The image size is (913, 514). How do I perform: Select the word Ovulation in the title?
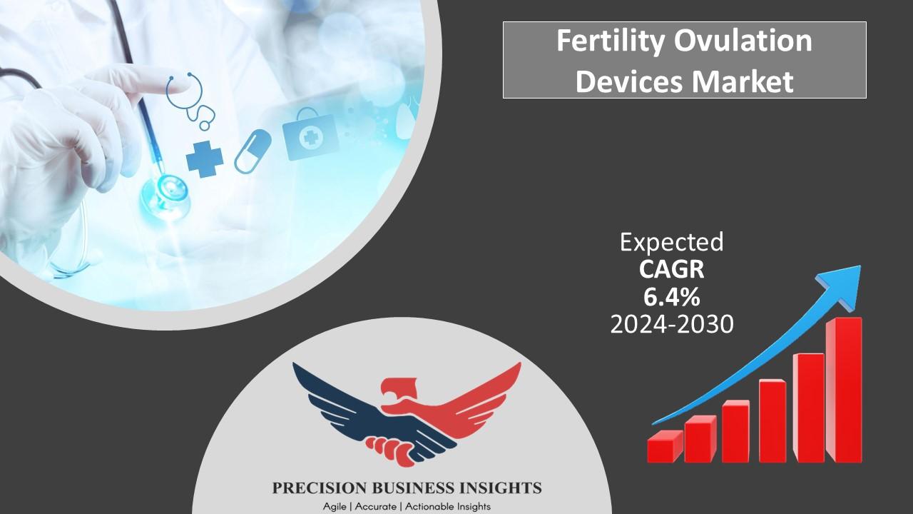[x=743, y=40]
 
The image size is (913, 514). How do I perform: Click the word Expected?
[x=672, y=243]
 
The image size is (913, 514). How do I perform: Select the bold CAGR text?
[x=671, y=270]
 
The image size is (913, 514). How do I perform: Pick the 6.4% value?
[x=672, y=297]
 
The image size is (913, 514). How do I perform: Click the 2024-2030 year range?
[x=672, y=325]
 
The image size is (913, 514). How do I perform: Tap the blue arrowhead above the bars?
[x=843, y=285]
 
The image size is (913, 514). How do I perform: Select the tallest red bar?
[x=844, y=390]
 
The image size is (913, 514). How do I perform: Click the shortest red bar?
[x=665, y=446]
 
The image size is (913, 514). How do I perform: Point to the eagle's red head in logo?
[x=399, y=390]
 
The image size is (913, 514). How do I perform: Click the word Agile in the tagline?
[x=335, y=507]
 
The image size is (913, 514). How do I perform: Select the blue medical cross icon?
[x=205, y=158]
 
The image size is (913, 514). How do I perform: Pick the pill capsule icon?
[x=253, y=151]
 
